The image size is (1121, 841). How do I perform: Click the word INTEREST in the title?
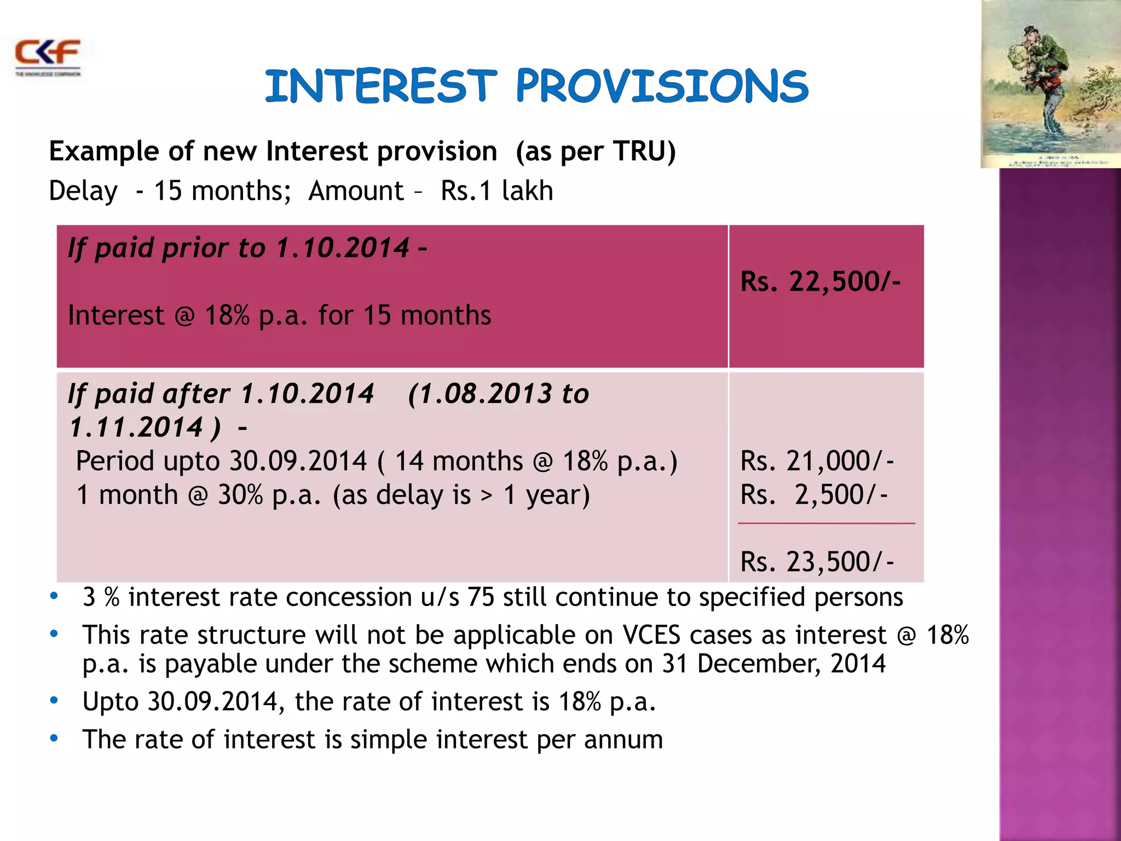click(381, 86)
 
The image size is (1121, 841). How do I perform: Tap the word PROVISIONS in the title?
click(662, 86)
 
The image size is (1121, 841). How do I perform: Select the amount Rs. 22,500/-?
click(820, 282)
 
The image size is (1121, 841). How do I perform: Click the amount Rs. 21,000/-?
click(817, 461)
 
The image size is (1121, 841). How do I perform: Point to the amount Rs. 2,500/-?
click(814, 495)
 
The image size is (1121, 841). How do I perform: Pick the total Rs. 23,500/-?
click(817, 562)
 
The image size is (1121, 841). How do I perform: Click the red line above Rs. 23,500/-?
click(826, 523)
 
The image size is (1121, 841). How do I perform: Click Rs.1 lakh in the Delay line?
click(496, 191)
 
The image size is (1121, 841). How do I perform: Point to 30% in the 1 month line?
click(240, 495)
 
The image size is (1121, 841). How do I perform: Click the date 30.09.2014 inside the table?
click(298, 461)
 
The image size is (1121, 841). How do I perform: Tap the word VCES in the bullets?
click(651, 635)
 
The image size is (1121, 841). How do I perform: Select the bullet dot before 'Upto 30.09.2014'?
click(54, 700)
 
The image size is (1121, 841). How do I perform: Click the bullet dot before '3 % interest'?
click(54, 596)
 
